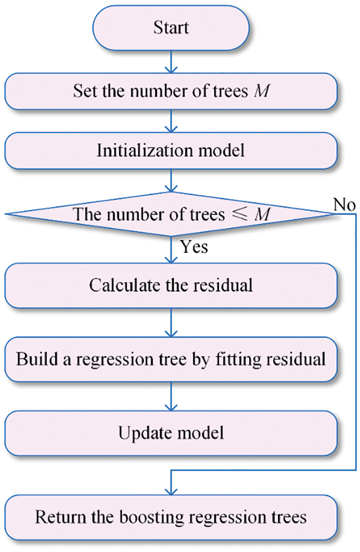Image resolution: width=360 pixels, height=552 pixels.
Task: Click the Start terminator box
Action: tap(171, 28)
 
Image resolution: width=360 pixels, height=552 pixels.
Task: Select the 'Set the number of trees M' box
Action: tap(171, 91)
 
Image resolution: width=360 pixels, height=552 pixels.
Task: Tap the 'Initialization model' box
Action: tap(171, 151)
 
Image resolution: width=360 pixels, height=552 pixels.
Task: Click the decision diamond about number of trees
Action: tap(171, 215)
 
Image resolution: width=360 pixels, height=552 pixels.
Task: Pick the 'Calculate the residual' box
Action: tap(171, 286)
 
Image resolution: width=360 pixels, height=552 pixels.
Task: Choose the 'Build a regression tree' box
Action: tap(171, 359)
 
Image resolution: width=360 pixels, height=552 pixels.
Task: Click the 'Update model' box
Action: tap(171, 433)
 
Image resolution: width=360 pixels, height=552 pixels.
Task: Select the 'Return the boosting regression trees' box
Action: tap(171, 517)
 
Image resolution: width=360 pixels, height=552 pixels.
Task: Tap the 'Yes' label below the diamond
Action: tap(194, 247)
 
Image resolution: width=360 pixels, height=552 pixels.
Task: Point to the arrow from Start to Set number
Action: tap(171, 62)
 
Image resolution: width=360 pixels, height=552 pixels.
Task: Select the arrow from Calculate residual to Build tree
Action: tap(171, 323)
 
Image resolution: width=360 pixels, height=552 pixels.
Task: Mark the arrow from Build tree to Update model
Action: tap(171, 397)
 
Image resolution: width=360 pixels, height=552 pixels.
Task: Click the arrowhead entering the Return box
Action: tap(171, 490)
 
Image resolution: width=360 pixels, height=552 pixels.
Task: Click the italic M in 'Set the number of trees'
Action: tap(261, 91)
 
